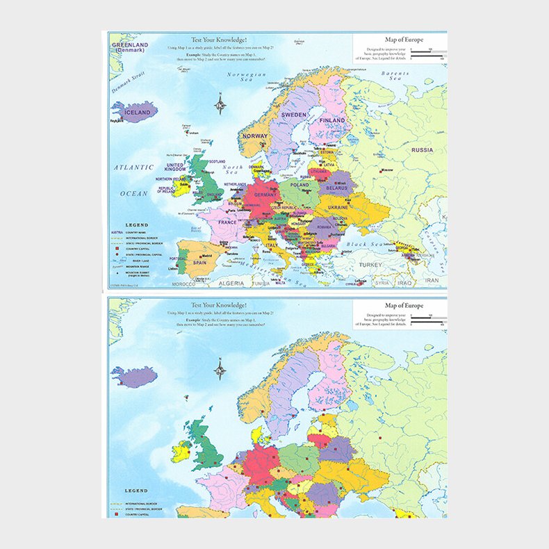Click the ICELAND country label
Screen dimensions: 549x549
pos(137,113)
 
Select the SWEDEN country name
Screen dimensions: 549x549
pos(293,115)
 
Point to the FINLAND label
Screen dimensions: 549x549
pos(331,120)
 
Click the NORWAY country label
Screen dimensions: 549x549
pos(255,136)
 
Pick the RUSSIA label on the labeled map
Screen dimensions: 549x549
pos(422,150)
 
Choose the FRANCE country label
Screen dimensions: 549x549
pos(227,223)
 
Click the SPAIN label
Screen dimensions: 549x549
pos(199,263)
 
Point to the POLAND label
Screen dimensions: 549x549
pos(300,186)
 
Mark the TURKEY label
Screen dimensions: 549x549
pos(370,265)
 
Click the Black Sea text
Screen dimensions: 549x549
pos(360,245)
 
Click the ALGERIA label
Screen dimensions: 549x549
pos(231,284)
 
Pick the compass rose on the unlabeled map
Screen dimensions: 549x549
pos(220,372)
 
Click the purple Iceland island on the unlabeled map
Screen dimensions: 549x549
pos(135,377)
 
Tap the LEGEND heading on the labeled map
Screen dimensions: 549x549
pos(136,225)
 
